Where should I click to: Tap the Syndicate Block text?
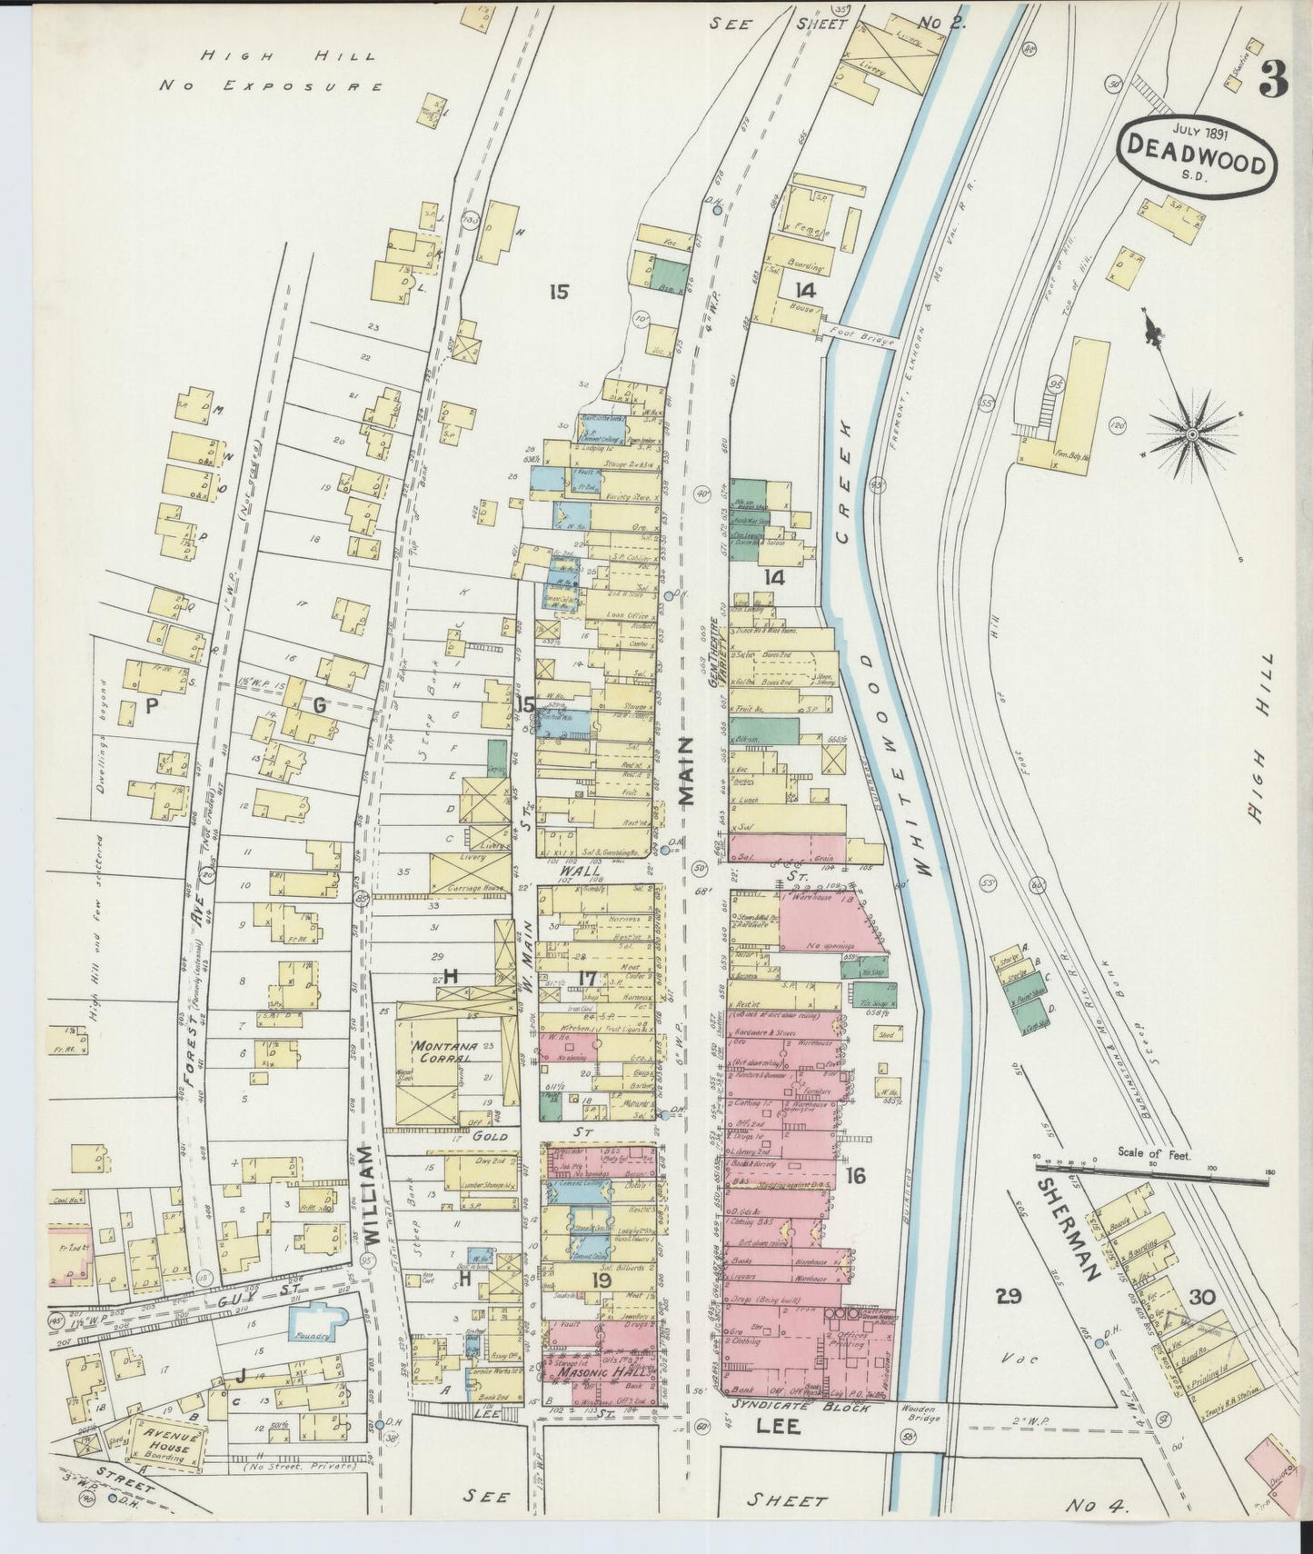[800, 1408]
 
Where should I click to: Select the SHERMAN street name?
[1070, 1228]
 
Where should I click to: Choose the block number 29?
[1007, 1297]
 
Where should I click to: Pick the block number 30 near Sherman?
[1201, 1297]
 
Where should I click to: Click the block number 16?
[855, 1175]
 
